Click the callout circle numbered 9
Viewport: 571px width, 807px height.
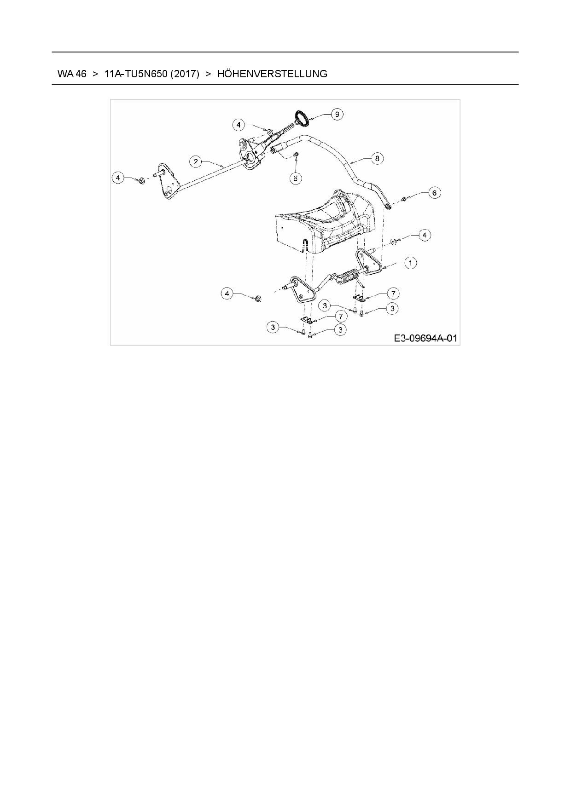pos(337,114)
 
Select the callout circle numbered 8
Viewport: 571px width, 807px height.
pos(377,159)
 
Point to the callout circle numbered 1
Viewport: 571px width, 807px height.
pos(410,263)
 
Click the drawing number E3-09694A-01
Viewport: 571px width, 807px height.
pos(425,339)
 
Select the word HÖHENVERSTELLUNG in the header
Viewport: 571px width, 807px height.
pos(272,74)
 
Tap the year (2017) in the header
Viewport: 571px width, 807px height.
pos(185,74)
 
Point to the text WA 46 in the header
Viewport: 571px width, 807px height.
pos(72,74)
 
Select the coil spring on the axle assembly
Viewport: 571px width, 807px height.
pos(351,277)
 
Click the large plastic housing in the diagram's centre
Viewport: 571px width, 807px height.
pos(322,223)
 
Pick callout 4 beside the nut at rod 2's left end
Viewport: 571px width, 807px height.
pos(119,177)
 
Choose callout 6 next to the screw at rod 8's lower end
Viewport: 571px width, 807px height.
pos(434,193)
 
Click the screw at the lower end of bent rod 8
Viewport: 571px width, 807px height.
pos(404,199)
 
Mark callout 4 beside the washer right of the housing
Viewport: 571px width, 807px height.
pos(424,235)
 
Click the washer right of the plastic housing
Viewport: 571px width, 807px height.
pos(394,241)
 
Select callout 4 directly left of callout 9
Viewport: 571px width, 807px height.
pos(238,124)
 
